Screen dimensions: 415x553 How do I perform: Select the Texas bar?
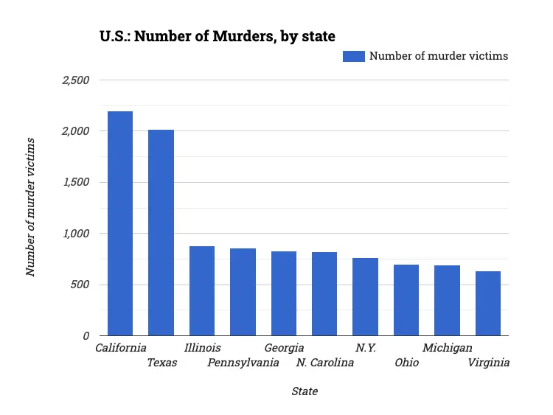pos(161,232)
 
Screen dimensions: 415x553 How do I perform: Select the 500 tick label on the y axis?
pos(79,285)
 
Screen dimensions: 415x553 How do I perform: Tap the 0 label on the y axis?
pos(86,335)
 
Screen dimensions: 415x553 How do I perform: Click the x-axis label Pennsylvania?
pos(243,363)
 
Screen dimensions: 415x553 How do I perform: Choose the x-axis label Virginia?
pos(489,363)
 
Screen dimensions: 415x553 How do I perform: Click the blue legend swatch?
pos(353,56)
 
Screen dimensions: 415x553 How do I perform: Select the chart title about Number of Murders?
pos(218,35)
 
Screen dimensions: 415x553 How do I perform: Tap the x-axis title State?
pos(305,391)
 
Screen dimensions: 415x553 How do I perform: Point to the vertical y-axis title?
pos(31,206)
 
